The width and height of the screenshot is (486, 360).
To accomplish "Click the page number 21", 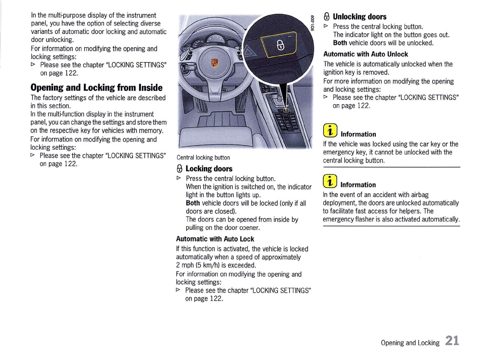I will [451, 341].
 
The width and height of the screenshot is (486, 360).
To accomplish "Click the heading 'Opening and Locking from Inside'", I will [97, 88].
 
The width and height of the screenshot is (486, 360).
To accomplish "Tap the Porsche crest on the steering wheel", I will [214, 63].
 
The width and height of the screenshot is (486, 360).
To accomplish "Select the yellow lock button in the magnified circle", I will [280, 45].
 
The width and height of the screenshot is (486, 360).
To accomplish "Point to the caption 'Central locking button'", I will [203, 158].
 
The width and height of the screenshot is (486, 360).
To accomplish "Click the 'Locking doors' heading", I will [209, 169].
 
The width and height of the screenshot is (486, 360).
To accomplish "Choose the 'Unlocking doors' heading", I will [359, 17].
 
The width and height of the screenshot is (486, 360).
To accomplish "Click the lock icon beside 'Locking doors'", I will [179, 169].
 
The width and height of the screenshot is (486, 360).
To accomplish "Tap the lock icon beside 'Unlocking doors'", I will [326, 17].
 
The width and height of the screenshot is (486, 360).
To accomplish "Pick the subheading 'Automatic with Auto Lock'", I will [215, 239].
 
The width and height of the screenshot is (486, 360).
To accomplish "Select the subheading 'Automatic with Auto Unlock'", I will [366, 54].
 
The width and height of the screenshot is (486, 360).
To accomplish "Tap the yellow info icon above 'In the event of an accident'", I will [330, 181].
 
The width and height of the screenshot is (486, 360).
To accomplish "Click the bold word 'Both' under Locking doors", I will [192, 203].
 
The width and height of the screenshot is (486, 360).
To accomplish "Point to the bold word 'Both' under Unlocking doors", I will [340, 43].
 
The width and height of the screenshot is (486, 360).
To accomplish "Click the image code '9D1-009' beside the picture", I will [312, 24].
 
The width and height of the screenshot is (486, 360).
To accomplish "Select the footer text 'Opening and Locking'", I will [410, 343].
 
